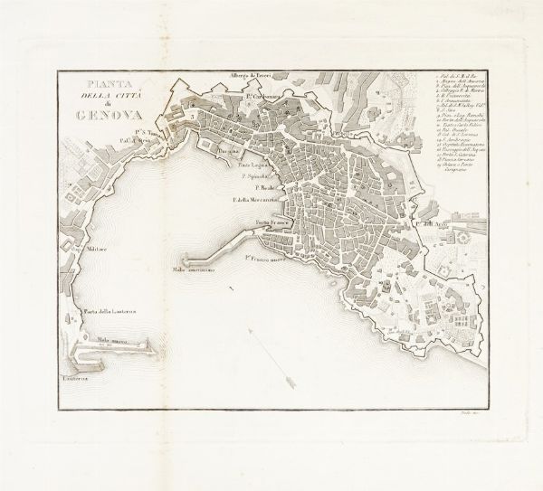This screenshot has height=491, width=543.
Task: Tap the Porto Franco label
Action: click(x=272, y=222)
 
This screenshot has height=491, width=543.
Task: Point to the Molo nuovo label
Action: click(x=110, y=335)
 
